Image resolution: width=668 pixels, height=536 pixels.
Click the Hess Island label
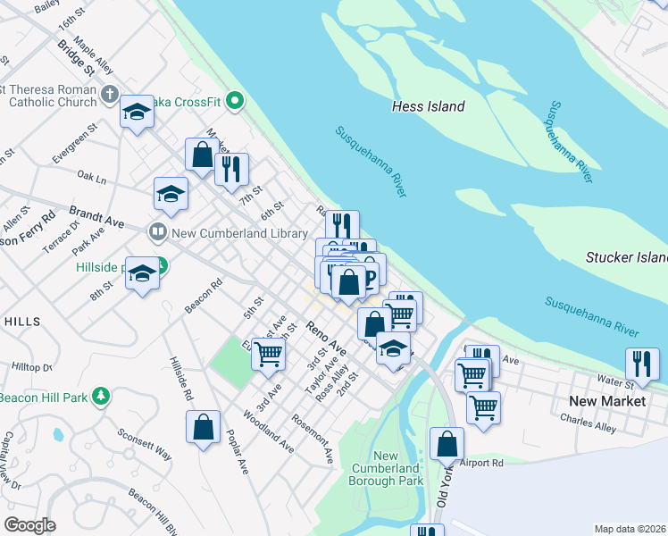429,106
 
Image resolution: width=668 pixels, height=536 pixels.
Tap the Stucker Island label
626,257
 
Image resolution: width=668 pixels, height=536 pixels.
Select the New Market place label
610,401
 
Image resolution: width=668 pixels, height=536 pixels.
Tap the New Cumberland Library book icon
158,232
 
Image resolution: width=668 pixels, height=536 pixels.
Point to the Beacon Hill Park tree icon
102,396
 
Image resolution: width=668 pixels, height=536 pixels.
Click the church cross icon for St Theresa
110,94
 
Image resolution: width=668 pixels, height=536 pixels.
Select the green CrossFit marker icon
235,100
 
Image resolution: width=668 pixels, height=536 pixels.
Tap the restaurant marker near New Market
642,364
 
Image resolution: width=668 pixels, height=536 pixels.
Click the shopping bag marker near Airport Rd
447,443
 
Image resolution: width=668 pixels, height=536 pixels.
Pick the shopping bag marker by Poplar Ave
204,426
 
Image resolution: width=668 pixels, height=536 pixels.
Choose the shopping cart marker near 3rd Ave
268,354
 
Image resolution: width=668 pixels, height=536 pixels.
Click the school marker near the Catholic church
137,112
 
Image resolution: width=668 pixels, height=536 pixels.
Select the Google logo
29,524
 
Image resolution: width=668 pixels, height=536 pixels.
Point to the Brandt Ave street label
97,218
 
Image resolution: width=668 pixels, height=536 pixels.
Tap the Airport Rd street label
482,463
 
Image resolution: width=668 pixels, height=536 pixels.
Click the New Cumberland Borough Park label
386,468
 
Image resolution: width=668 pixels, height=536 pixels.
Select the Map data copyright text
628,529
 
